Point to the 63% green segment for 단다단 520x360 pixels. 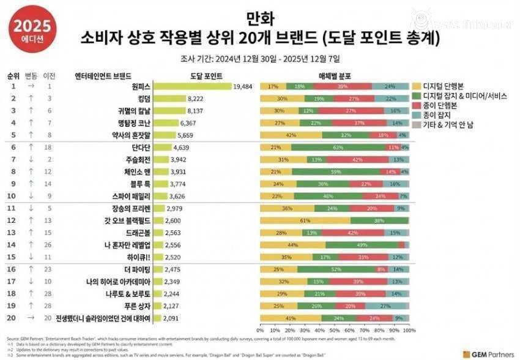[337, 148]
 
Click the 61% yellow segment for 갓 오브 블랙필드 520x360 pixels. [305, 220]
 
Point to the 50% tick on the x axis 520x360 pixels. [335, 330]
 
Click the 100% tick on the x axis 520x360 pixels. [409, 330]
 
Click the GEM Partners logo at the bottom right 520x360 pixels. [488, 353]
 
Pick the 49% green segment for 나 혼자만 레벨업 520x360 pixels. [362, 245]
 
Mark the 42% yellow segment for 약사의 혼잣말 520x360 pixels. [291, 135]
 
